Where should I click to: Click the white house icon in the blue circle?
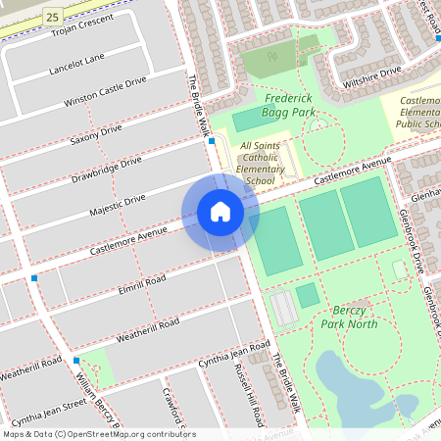click(x=220, y=211)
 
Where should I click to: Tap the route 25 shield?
click(x=53, y=16)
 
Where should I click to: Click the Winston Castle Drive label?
click(x=104, y=90)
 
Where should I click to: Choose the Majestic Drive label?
click(x=117, y=204)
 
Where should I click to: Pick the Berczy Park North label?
click(x=348, y=317)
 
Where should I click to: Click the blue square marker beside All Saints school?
click(x=212, y=141)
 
